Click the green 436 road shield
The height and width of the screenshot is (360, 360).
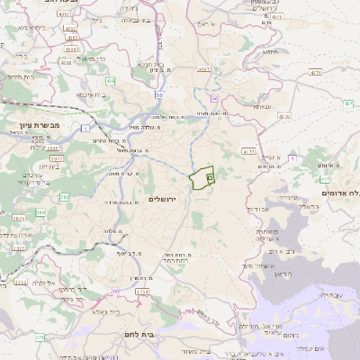pos(111,81)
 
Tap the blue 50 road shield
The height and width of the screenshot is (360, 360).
pos(158,94)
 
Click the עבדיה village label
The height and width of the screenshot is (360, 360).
pos(330,295)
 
